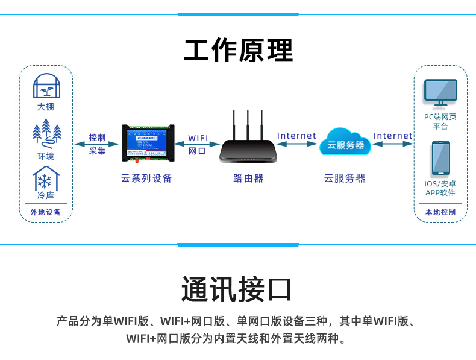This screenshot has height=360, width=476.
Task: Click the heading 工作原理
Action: pos(238,51)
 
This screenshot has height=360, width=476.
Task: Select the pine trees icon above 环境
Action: pos(46,136)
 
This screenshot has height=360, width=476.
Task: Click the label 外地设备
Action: pos(46,212)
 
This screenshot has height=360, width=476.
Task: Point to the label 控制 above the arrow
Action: pos(97,137)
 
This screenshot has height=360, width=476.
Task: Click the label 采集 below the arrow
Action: pos(97,151)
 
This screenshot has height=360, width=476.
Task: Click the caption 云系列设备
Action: pos(146,178)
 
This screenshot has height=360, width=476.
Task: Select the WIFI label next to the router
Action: pos(198,138)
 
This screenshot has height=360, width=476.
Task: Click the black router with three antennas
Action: pos(248,148)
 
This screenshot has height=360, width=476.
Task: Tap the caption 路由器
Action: pos(248,178)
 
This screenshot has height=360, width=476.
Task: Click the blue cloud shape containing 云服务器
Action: pos(345,143)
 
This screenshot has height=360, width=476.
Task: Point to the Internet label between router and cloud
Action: pos(296,136)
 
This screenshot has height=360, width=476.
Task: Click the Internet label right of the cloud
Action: pos(393,136)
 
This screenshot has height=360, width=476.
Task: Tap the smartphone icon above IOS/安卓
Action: pos(440,159)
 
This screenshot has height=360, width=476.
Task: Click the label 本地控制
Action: pos(440,212)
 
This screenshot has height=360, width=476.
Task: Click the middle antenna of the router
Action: pos(248,124)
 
